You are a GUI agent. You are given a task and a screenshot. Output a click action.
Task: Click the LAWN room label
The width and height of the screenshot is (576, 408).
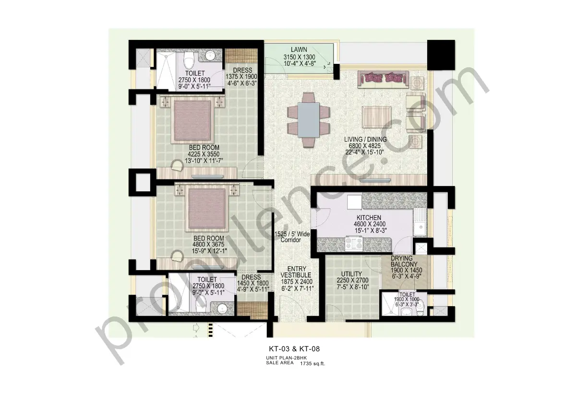pyautogui.click(x=299, y=49)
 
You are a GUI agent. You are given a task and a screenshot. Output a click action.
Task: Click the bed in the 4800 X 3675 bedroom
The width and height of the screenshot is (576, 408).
pyautogui.click(x=206, y=208)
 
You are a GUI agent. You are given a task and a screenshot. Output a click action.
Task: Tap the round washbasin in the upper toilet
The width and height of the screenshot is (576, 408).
pyautogui.click(x=211, y=57)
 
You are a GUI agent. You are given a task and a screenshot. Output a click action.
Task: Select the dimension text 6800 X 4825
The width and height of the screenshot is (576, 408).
pyautogui.click(x=365, y=146)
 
